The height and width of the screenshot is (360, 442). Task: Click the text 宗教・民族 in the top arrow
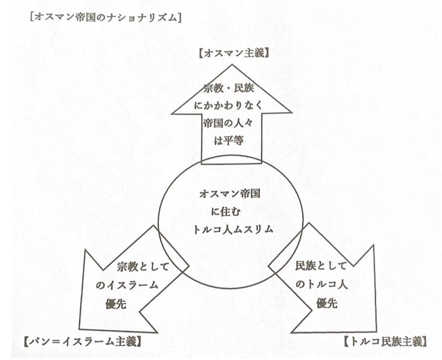(228, 88)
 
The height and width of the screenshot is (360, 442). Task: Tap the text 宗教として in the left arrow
(144, 267)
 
